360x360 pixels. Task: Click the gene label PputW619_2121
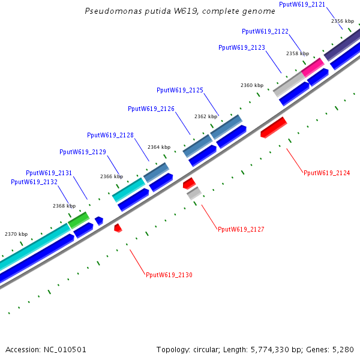pyautogui.click(x=302, y=4)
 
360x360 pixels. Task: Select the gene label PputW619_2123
pyautogui.click(x=241, y=47)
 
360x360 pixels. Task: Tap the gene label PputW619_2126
pyautogui.click(x=151, y=109)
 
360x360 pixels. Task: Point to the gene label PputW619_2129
pyautogui.click(x=82, y=152)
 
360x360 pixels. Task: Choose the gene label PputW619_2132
pyautogui.click(x=34, y=182)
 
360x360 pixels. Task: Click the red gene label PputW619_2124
pyautogui.click(x=326, y=173)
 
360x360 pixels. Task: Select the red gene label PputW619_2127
pyautogui.click(x=241, y=229)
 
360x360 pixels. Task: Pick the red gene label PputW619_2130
pyautogui.click(x=169, y=275)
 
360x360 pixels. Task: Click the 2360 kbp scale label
pyautogui.click(x=251, y=85)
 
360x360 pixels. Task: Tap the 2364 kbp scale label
pyautogui.click(x=158, y=147)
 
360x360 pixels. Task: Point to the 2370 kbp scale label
pyautogui.click(x=16, y=234)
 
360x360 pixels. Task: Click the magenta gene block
pyautogui.click(x=312, y=67)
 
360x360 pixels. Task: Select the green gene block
pyautogui.click(x=79, y=220)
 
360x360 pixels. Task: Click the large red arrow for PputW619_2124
pyautogui.click(x=274, y=127)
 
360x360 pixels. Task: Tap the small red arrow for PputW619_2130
pyautogui.click(x=118, y=228)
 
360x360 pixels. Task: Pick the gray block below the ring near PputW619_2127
pyautogui.click(x=193, y=193)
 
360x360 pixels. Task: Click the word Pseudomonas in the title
pyautogui.click(x=107, y=11)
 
